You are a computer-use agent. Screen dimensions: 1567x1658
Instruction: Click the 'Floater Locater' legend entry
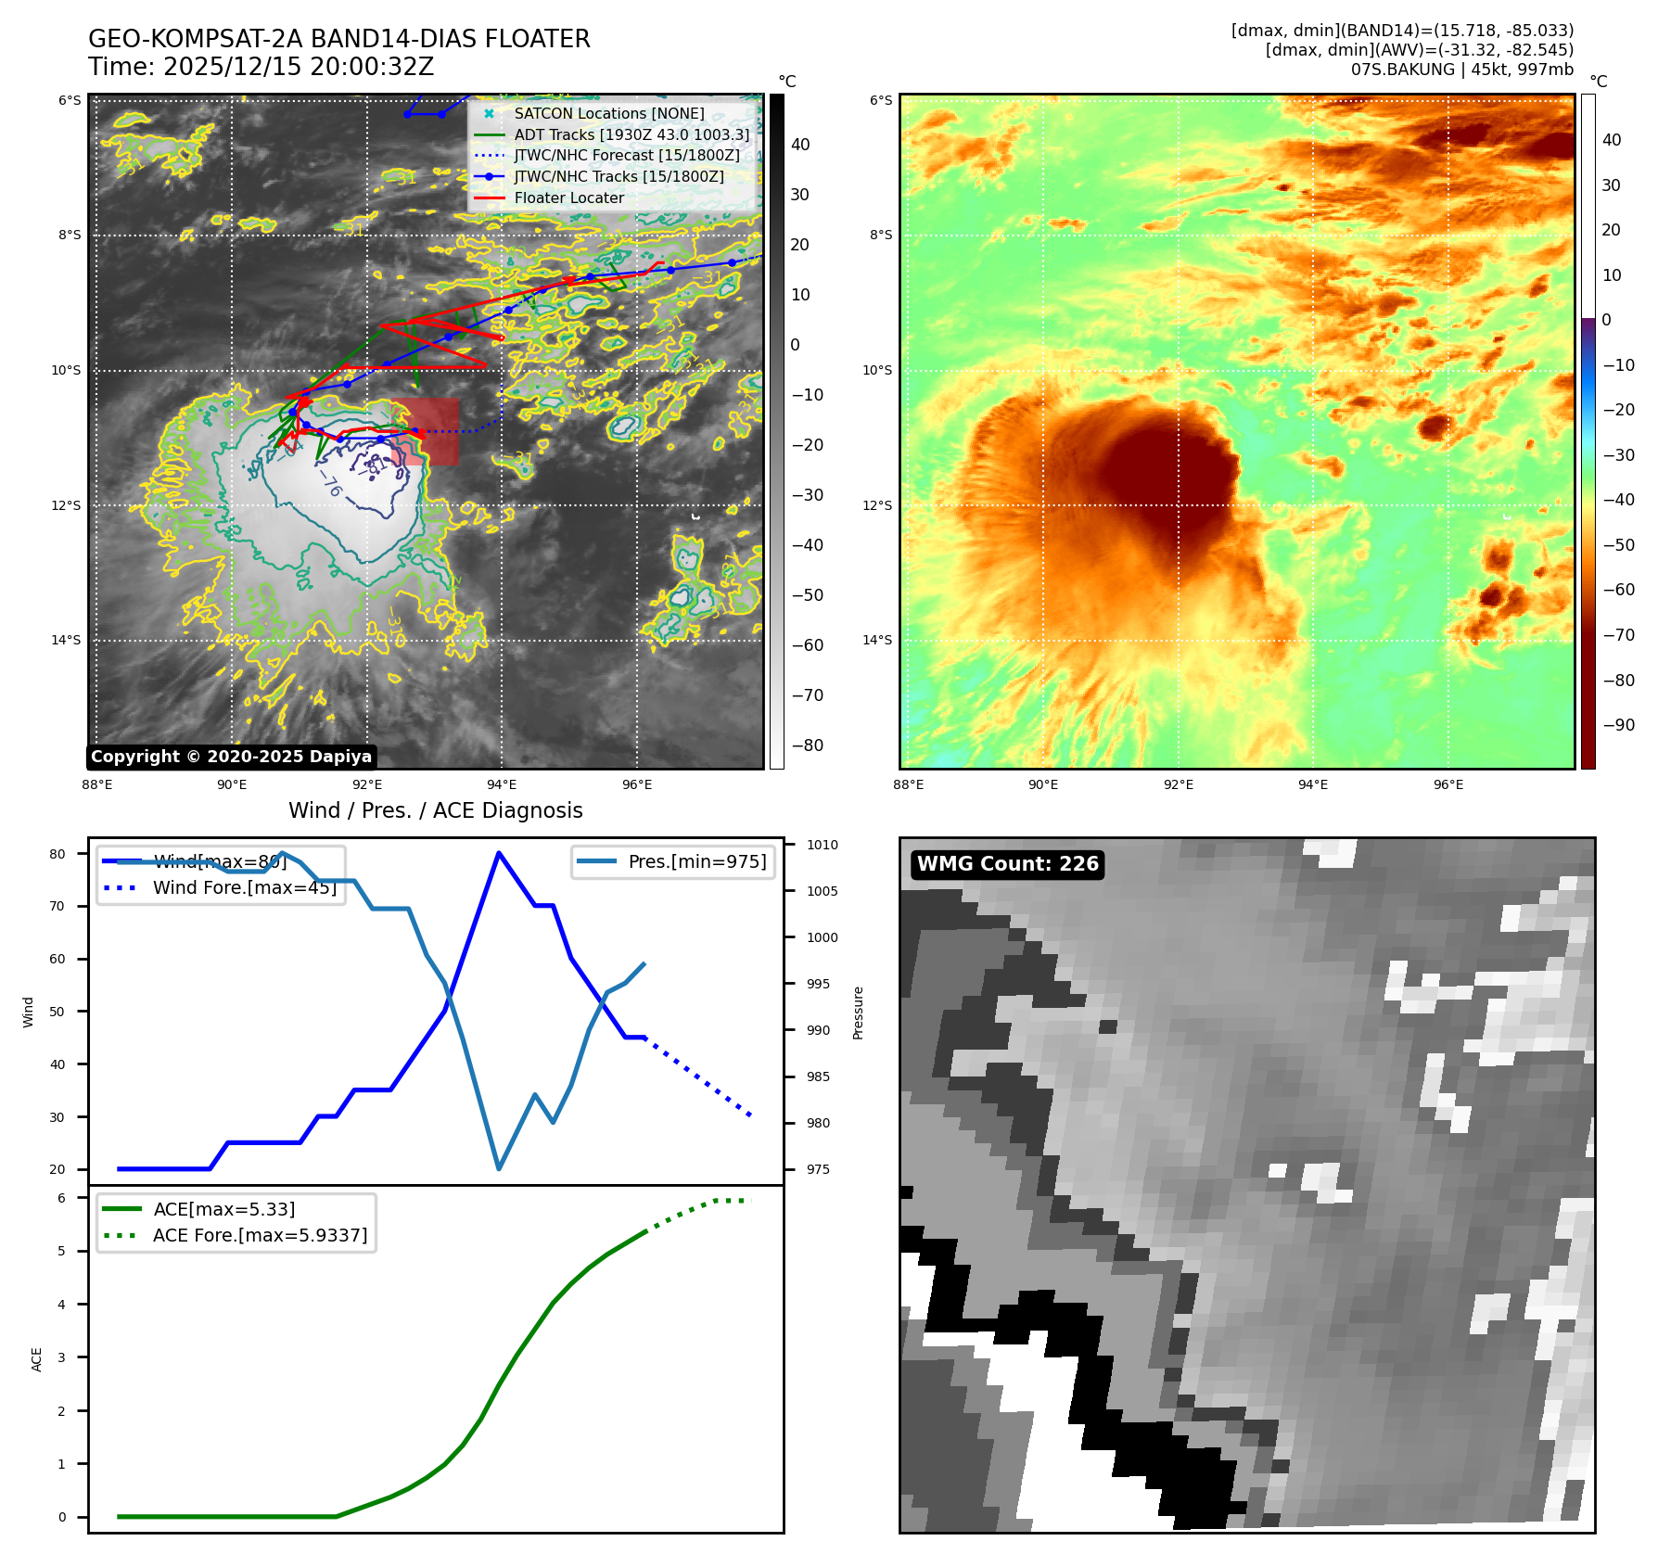point(568,197)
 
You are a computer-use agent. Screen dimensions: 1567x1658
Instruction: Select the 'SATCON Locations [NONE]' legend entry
point(608,113)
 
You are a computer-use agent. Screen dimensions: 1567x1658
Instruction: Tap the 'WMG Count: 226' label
point(1007,864)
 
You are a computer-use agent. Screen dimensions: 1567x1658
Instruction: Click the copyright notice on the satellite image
point(231,757)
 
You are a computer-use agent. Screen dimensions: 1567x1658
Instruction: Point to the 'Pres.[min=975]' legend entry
point(696,861)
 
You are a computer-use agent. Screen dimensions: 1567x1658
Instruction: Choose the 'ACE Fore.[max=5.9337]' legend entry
point(260,1235)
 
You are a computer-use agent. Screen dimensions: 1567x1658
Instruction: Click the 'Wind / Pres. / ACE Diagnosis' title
point(435,810)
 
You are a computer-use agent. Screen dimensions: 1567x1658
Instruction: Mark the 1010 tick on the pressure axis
point(822,845)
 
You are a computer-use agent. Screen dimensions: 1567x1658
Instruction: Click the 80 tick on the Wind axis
point(57,854)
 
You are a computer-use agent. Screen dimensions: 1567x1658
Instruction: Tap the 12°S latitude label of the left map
point(66,505)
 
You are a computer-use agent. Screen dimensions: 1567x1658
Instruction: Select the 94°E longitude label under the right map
point(1313,784)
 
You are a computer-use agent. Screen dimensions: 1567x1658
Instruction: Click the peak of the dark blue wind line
point(499,853)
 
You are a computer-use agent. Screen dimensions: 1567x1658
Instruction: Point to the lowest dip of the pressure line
point(499,1168)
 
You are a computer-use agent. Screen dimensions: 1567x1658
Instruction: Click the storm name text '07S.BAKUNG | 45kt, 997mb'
point(1461,70)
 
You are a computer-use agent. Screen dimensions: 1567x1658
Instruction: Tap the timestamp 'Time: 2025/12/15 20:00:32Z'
point(261,67)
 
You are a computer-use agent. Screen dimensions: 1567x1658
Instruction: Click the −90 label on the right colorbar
point(1618,725)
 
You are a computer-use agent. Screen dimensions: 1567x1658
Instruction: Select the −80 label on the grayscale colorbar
point(806,745)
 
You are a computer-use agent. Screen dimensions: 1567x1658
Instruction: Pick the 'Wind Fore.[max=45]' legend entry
point(244,887)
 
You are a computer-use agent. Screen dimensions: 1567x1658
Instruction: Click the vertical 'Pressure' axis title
point(858,1013)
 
